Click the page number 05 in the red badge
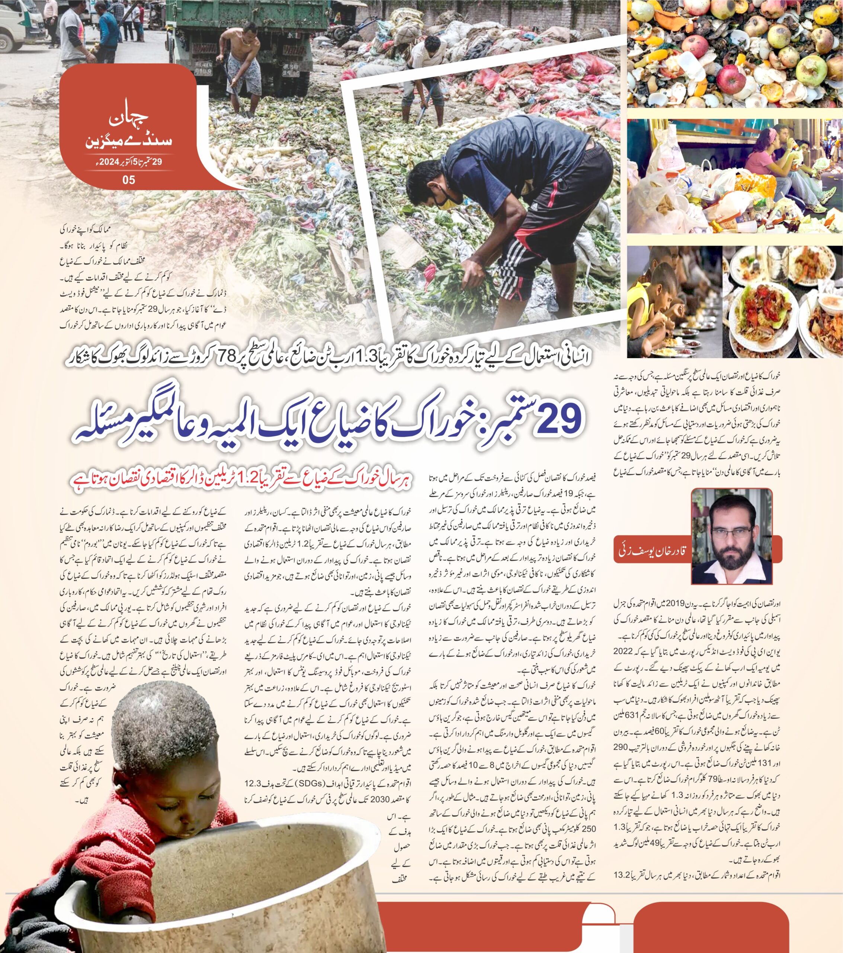tap(129, 179)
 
